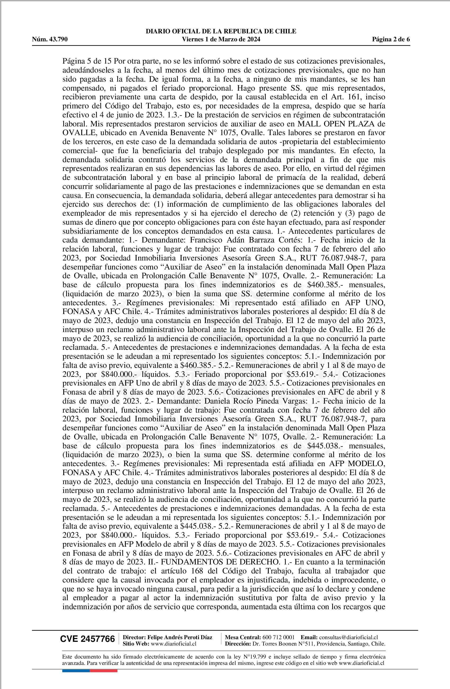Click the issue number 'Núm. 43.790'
[50, 39]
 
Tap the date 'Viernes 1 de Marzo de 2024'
[221, 39]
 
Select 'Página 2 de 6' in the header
[391, 39]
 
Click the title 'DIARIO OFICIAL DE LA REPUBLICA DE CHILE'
[221, 31]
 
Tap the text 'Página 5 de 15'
[86, 61]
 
